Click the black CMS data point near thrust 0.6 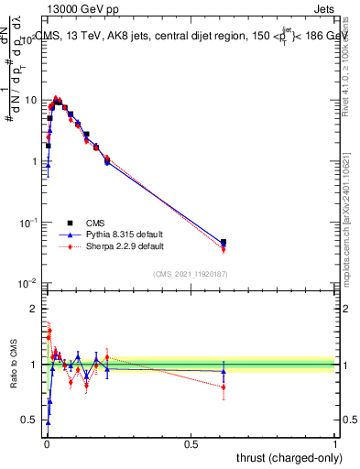pos(224,242)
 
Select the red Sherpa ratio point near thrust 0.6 pos(224,387)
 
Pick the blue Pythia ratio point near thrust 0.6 pos(224,371)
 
